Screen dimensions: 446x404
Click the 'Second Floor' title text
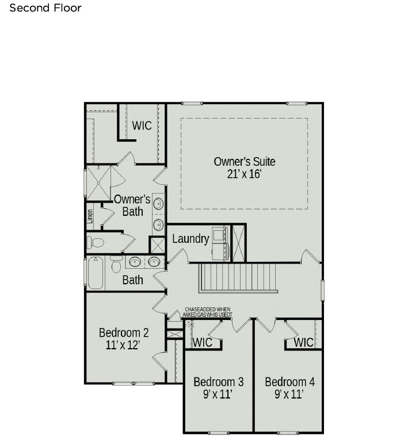45,8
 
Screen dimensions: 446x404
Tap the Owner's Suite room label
244,161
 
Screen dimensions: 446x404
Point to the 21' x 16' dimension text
244,174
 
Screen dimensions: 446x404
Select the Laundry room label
190,238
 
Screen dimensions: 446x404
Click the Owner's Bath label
132,205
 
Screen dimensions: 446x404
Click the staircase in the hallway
238,278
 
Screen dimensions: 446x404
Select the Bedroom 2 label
124,333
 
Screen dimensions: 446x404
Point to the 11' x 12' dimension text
123,345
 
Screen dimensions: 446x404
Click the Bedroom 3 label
218,382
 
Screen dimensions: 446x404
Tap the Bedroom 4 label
289,382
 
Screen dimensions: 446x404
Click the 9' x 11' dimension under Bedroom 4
289,394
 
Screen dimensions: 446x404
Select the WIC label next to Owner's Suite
142,125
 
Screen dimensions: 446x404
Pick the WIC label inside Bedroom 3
203,342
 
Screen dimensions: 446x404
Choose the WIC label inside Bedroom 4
303,342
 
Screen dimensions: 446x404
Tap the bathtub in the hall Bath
95,273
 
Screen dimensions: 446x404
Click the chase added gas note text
208,312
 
